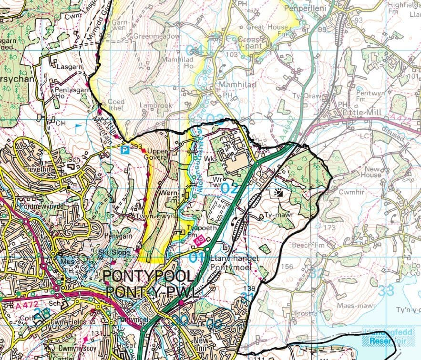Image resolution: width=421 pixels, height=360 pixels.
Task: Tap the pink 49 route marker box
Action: (x=201, y=244)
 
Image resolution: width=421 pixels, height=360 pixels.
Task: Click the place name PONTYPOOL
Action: (x=149, y=277)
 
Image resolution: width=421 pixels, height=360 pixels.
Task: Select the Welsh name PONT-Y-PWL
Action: (x=152, y=292)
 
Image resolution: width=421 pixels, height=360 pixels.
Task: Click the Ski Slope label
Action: (x=110, y=252)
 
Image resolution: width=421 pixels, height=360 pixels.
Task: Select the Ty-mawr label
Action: (x=277, y=215)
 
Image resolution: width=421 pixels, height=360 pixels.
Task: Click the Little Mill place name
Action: (x=359, y=112)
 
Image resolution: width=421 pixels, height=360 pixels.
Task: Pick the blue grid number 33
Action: (x=386, y=289)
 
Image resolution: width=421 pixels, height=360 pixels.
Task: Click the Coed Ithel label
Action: (x=116, y=104)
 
